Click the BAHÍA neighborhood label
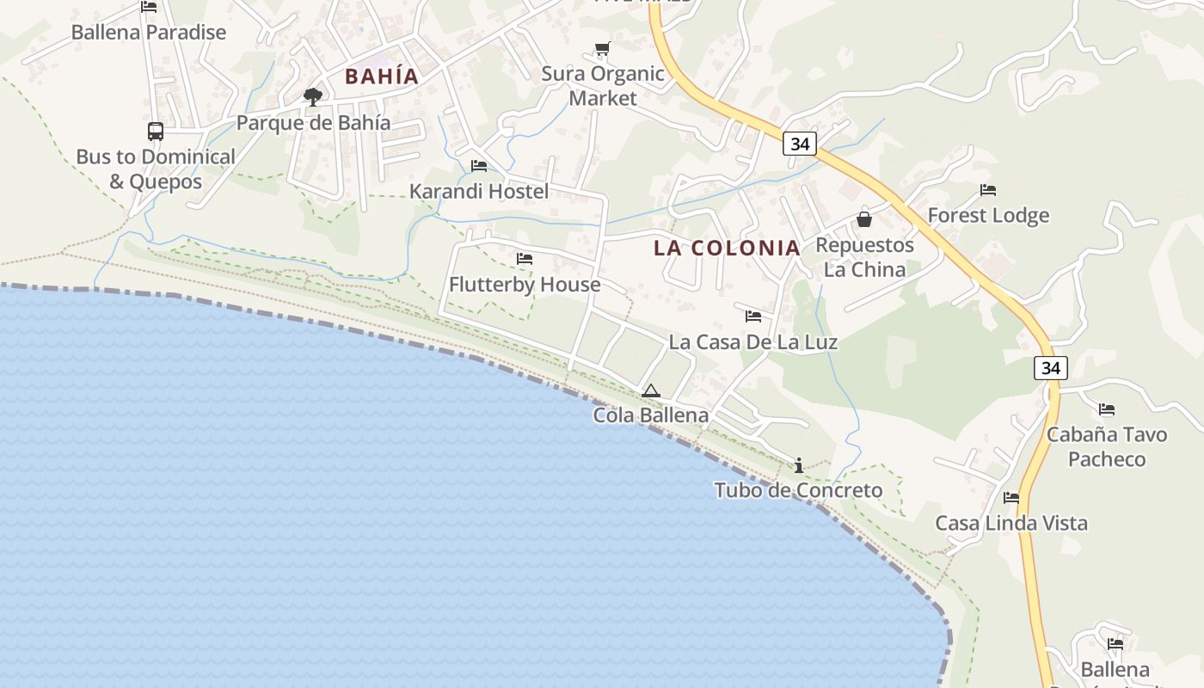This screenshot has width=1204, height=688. point(382,76)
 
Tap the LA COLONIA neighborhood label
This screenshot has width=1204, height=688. point(727,248)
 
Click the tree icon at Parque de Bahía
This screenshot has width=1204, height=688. point(313,96)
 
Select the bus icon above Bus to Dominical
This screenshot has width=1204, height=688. point(156,131)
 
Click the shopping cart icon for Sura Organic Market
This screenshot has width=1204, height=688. point(602,49)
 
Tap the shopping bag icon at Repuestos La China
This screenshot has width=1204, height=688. point(864,219)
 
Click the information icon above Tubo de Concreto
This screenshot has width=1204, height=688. point(799,465)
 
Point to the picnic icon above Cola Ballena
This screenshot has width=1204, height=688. point(651,391)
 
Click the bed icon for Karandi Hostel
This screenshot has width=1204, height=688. point(479,165)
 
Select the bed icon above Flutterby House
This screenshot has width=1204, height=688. point(525,259)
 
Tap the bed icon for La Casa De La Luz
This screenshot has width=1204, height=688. point(753,316)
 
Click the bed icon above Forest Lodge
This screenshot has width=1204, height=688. point(988,190)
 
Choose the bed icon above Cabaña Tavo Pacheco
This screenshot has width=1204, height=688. point(1107,409)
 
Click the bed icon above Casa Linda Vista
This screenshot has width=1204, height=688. point(1011,498)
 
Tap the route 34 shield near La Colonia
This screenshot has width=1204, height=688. point(800,144)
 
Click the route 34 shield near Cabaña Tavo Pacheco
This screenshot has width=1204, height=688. point(1051,368)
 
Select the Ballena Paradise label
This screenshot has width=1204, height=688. point(149,33)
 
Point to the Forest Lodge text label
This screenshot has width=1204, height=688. point(988,215)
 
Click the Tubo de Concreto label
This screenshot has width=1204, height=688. point(798,490)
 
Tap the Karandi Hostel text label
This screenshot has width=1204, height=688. point(479,191)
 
